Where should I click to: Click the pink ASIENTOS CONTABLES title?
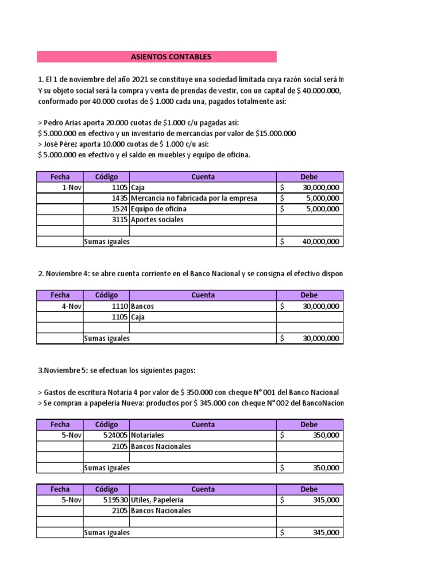pyautogui.click(x=156, y=57)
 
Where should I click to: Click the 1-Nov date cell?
pyautogui.click(x=60, y=187)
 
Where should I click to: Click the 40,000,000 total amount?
pyautogui.click(x=320, y=242)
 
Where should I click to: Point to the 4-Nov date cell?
pyautogui.click(x=60, y=306)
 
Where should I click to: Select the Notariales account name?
pyautogui.click(x=148, y=435)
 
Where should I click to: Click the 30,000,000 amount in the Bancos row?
pyautogui.click(x=320, y=306)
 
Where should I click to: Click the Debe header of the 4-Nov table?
pyautogui.click(x=309, y=295)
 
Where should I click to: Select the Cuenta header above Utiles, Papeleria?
pyautogui.click(x=203, y=489)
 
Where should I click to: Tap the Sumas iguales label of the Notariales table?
pyautogui.click(x=107, y=468)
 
